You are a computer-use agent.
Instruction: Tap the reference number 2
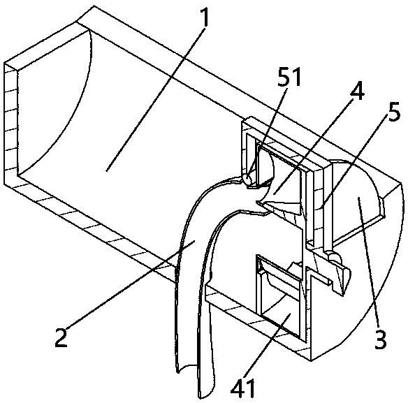pos(61,337)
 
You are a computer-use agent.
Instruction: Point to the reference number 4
pos(357,91)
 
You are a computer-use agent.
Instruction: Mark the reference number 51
pos(289,77)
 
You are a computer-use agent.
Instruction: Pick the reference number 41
pos(242,388)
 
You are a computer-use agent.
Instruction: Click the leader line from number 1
pos(156,98)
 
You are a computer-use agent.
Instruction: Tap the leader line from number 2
pos(129,284)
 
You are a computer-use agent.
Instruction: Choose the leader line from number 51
pos(268,133)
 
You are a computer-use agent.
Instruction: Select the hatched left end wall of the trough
pos(11,124)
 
